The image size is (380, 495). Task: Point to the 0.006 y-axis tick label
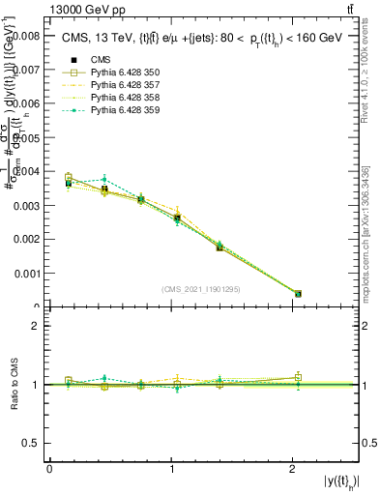[x=26, y=103]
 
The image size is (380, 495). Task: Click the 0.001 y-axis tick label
[x=26, y=274]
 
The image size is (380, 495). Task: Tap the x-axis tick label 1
[x=172, y=469]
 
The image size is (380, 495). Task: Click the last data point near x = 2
[x=298, y=293]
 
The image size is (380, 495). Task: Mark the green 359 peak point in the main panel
[x=103, y=180]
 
